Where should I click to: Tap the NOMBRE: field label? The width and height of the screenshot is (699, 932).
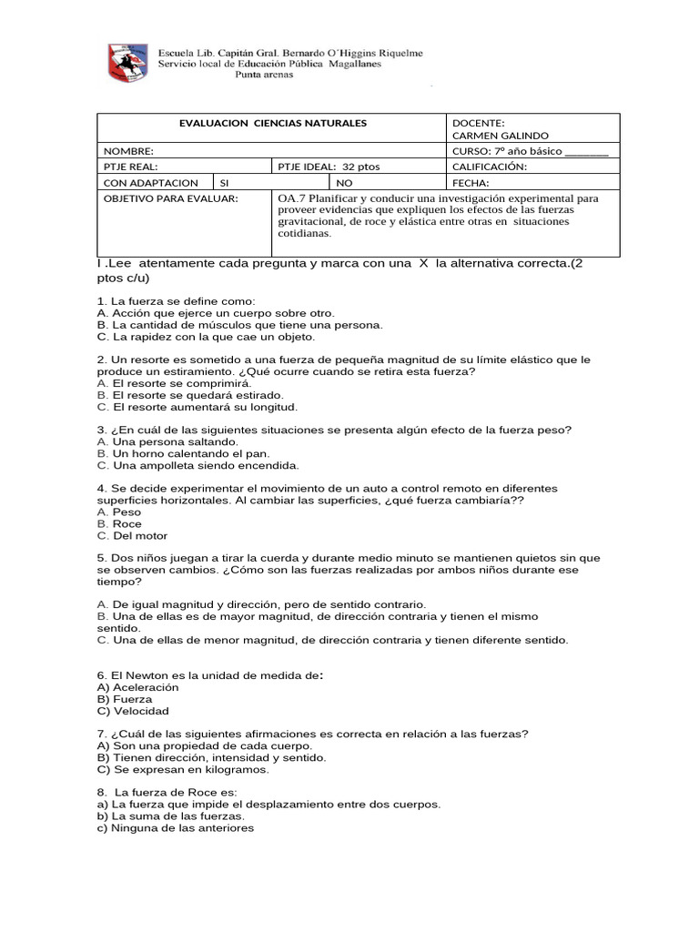(x=128, y=151)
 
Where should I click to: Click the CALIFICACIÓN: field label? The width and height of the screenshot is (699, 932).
(x=489, y=167)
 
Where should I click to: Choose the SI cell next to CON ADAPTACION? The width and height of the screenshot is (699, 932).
(x=225, y=183)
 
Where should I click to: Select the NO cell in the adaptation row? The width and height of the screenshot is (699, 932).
(x=343, y=183)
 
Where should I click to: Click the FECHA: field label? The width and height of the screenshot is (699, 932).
(x=471, y=183)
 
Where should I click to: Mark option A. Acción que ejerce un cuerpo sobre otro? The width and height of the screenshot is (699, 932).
(x=216, y=312)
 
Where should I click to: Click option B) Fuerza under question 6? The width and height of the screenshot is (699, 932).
(x=125, y=700)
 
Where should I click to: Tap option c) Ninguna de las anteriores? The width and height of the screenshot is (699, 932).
(x=176, y=828)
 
